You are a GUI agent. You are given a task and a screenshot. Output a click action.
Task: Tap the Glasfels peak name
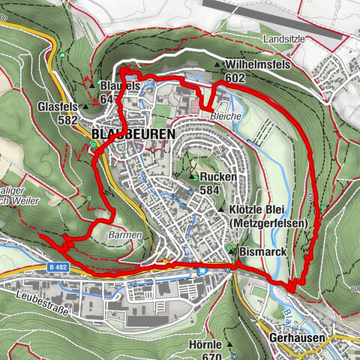point(58,108)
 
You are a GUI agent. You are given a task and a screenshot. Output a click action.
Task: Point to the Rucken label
point(218,177)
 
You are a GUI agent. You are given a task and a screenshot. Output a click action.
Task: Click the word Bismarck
point(262,250)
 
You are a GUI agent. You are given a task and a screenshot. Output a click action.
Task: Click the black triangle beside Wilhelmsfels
point(217,65)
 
